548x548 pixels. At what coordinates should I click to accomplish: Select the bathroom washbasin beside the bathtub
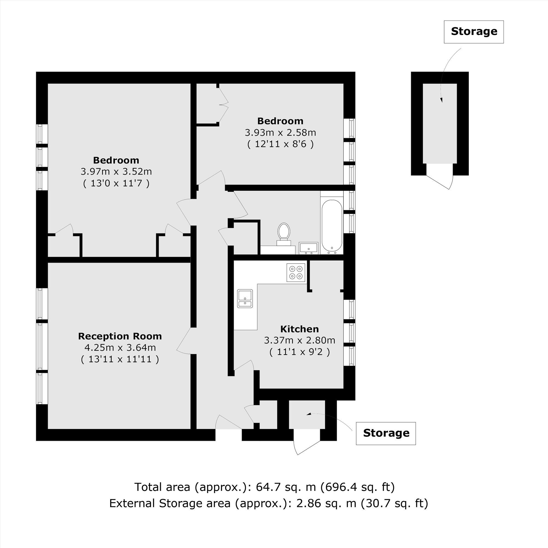[309, 248]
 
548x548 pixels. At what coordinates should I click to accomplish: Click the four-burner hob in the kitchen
[296, 272]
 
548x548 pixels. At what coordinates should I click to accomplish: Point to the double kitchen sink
[245, 299]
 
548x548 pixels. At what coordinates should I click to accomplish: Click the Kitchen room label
[299, 329]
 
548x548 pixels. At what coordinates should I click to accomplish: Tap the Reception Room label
[120, 336]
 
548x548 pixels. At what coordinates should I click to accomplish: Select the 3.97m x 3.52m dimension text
[116, 172]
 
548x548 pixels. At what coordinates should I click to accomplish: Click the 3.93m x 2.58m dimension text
[281, 132]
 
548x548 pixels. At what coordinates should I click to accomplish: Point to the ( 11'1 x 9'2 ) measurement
[299, 352]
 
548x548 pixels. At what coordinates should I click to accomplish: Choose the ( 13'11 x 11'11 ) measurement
[120, 359]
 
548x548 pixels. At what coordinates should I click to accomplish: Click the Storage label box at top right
[474, 32]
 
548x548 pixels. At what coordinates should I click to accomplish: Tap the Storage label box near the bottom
[386, 433]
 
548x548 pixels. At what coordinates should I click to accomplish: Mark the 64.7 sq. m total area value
[286, 487]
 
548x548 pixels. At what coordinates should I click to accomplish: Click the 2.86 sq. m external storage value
[326, 503]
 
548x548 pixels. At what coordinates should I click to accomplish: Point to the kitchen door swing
[244, 365]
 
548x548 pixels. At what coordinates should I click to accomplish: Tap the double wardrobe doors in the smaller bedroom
[224, 104]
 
